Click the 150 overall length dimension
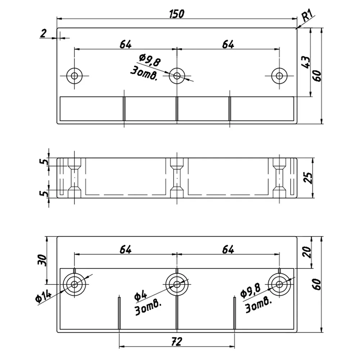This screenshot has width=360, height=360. [176, 14]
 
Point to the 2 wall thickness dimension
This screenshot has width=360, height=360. [43, 33]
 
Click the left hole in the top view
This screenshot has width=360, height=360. [75, 76]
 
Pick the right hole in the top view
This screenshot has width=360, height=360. [279, 76]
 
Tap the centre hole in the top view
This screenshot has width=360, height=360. [177, 76]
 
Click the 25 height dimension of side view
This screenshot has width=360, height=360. [309, 178]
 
